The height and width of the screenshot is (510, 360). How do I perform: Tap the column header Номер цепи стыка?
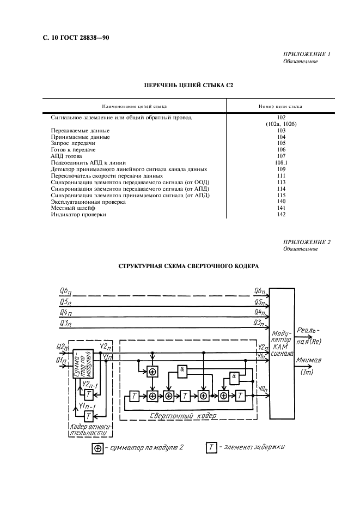(x=280, y=106)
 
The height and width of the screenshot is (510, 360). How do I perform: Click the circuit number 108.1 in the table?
(x=281, y=162)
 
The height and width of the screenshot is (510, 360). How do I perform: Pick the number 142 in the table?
(x=281, y=215)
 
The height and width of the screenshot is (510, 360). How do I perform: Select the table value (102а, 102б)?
(x=281, y=124)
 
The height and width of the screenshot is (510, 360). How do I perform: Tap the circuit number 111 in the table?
(x=281, y=175)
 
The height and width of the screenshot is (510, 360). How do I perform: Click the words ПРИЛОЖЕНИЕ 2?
(x=307, y=241)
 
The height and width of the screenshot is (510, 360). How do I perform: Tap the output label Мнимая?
(x=309, y=360)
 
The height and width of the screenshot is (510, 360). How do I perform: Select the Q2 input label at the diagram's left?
(x=62, y=347)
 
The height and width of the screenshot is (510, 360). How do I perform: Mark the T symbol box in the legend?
(x=211, y=448)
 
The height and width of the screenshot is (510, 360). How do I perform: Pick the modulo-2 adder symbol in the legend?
(x=98, y=448)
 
